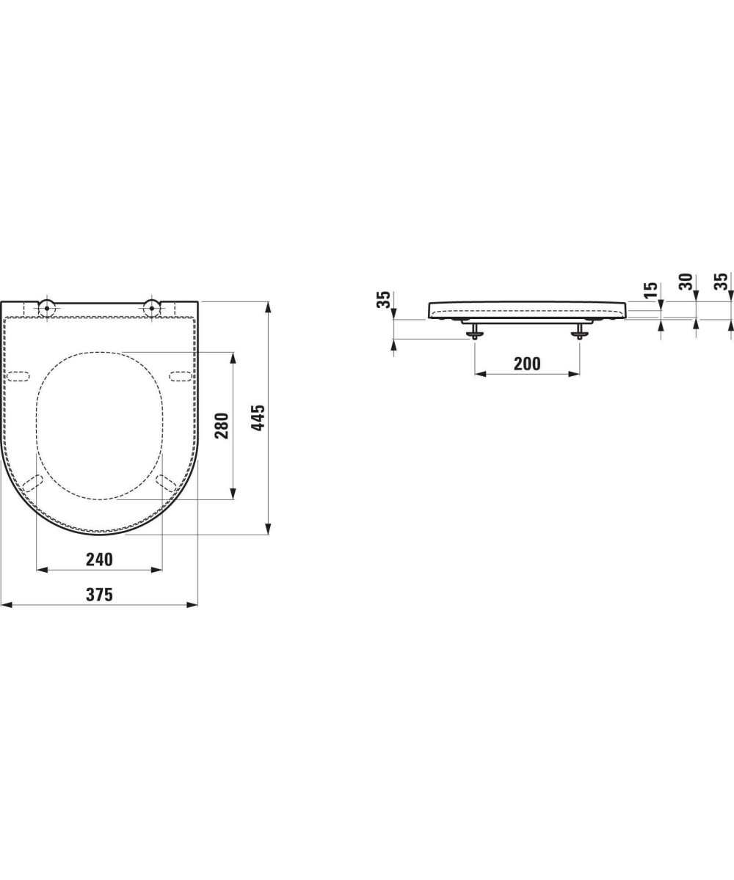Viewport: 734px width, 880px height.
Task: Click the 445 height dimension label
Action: (x=258, y=418)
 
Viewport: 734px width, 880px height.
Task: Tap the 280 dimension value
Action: (x=222, y=425)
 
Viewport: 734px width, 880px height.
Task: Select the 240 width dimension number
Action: (x=100, y=560)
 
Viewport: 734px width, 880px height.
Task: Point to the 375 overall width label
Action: (x=100, y=595)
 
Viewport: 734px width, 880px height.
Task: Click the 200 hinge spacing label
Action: (x=527, y=364)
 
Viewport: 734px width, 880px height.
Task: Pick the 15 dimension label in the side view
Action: (x=651, y=290)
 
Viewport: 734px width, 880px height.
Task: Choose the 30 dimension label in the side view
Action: (x=686, y=282)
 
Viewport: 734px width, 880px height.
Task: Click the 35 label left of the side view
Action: (x=384, y=300)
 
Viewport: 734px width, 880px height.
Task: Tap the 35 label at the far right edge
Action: (x=722, y=282)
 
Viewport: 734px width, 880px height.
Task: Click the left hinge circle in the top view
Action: (x=47, y=308)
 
